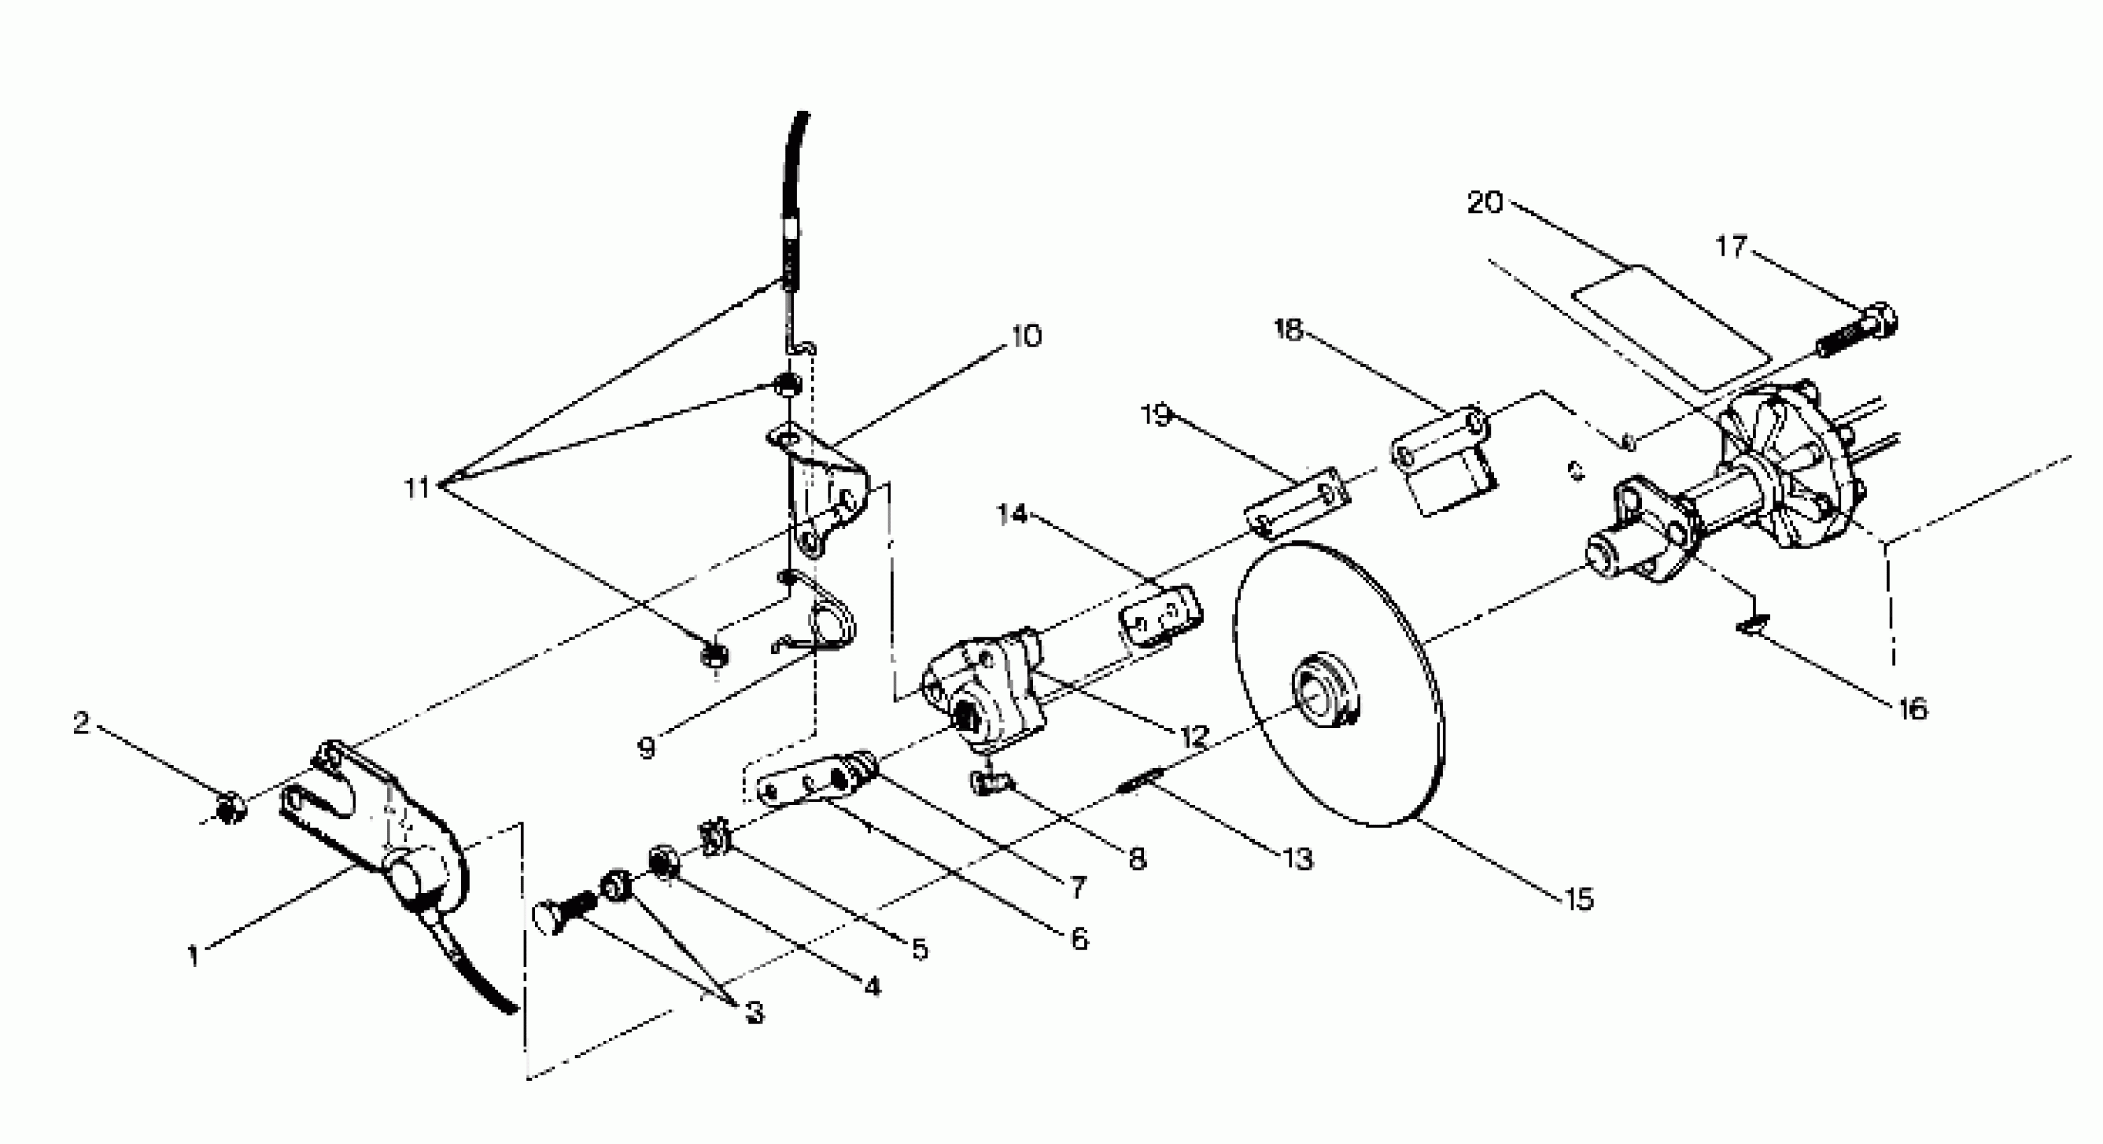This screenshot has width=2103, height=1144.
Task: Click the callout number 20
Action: click(1484, 202)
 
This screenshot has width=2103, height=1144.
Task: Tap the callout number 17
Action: click(1730, 245)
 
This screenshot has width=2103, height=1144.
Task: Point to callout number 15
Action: click(1579, 898)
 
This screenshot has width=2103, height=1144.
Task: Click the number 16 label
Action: click(1912, 708)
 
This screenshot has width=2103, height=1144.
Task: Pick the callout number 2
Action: click(81, 722)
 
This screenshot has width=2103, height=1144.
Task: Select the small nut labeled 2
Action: click(229, 807)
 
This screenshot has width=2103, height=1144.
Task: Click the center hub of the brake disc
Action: click(1321, 690)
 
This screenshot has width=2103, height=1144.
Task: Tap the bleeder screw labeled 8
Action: click(989, 784)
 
